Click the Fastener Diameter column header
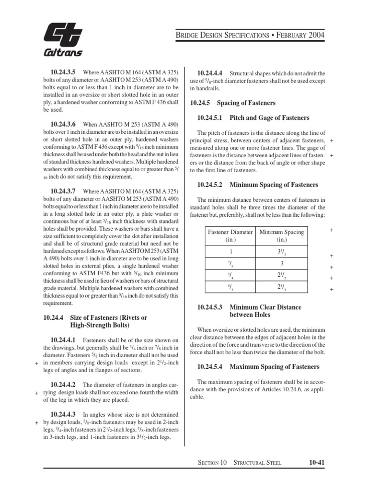tap(230, 236)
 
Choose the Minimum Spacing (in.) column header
tap(281, 236)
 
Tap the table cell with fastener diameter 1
tap(230, 252)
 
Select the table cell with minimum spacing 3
tap(281, 264)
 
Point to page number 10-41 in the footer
tap(317, 462)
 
